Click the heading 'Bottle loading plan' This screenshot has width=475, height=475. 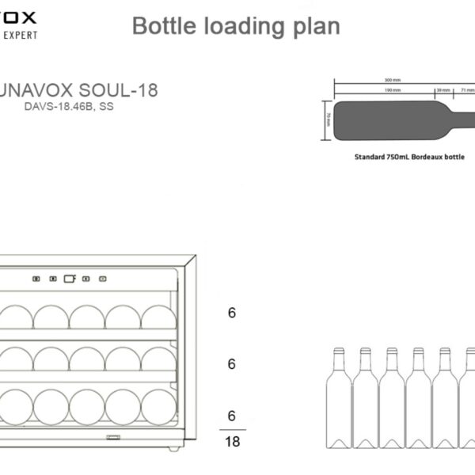[x=235, y=26]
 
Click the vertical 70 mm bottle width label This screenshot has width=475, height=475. [x=328, y=120]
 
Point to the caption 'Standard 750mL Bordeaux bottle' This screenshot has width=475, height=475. [x=409, y=157]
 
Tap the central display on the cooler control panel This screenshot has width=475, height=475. [x=69, y=279]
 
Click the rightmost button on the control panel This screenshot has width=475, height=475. [x=102, y=279]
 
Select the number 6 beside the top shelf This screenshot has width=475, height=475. [x=232, y=313]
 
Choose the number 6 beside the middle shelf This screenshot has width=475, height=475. [x=232, y=364]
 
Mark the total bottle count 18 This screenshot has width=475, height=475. [x=232, y=442]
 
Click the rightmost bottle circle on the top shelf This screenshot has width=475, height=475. [x=158, y=316]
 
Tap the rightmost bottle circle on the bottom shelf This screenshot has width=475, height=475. [x=158, y=406]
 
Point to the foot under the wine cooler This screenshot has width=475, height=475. [x=173, y=449]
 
